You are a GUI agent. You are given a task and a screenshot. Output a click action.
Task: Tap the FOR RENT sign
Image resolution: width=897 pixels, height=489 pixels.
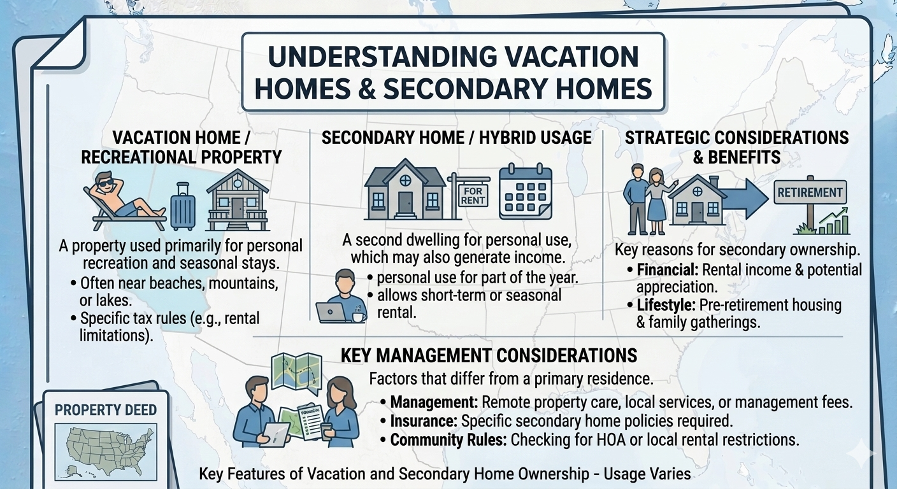(x=473, y=194)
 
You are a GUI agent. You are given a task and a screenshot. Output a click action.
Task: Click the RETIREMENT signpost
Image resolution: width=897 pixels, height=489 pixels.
(x=809, y=192)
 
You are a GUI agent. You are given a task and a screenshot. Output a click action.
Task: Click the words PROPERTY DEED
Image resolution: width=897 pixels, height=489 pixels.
(x=106, y=410)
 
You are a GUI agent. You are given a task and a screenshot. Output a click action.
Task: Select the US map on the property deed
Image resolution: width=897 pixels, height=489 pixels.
(x=106, y=451)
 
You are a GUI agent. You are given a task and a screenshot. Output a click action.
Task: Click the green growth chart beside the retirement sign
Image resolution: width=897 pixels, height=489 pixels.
(x=835, y=221)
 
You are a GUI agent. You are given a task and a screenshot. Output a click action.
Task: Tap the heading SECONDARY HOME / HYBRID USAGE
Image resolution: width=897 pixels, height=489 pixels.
(x=456, y=138)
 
